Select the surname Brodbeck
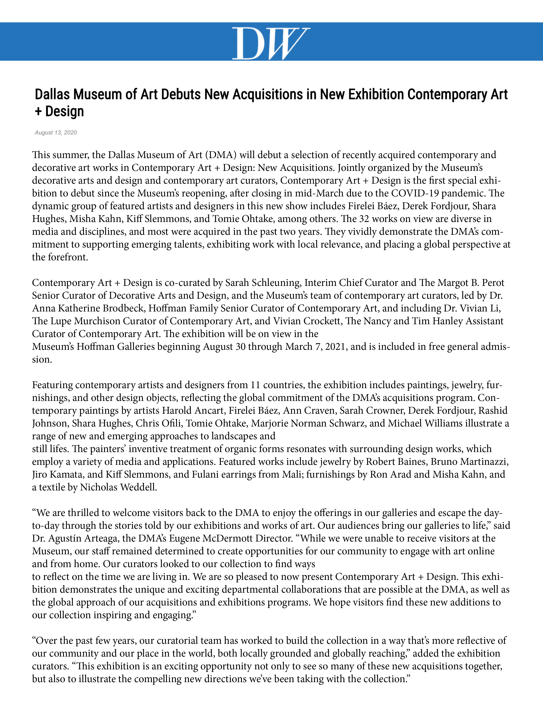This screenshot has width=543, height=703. click(x=124, y=308)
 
